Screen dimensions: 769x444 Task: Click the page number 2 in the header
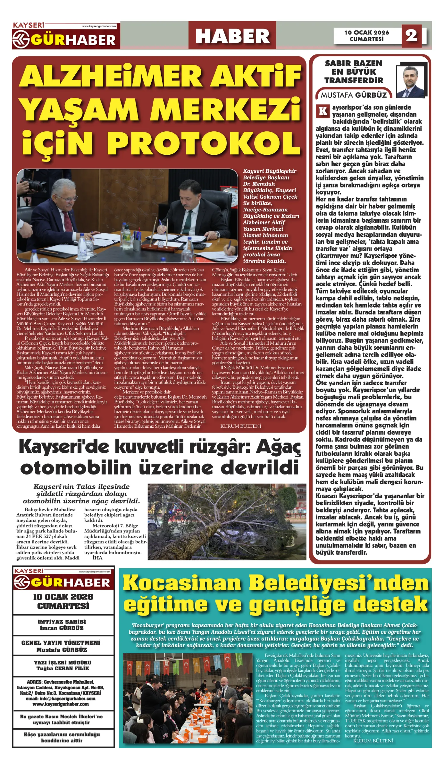click(411, 35)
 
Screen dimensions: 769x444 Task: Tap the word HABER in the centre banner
click(232, 36)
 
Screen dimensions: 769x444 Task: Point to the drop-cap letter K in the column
click(323, 111)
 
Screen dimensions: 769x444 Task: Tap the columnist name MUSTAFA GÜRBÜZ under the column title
click(354, 95)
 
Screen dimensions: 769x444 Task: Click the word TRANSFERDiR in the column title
click(354, 80)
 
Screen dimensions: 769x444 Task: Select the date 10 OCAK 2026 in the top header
click(367, 32)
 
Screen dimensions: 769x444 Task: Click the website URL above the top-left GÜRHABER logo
click(99, 26)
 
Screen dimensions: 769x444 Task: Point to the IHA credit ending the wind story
click(97, 558)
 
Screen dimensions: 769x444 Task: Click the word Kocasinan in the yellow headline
click(182, 583)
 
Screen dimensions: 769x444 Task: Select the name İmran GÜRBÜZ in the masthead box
click(62, 628)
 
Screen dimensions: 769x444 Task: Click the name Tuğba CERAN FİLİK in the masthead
click(63, 668)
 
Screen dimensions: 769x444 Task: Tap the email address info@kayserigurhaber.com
click(61, 699)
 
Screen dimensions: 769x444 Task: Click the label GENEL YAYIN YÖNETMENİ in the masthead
click(61, 643)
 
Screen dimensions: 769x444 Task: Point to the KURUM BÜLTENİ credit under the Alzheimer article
click(241, 426)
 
